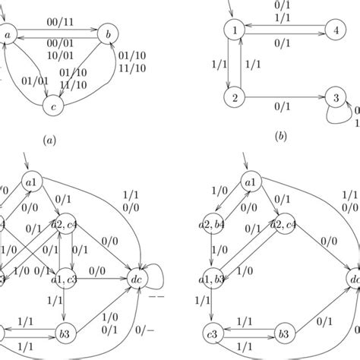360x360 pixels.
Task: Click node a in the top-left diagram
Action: click(x=13, y=34)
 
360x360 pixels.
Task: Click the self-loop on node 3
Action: click(x=339, y=115)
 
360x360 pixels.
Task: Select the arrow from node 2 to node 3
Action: click(x=285, y=98)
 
